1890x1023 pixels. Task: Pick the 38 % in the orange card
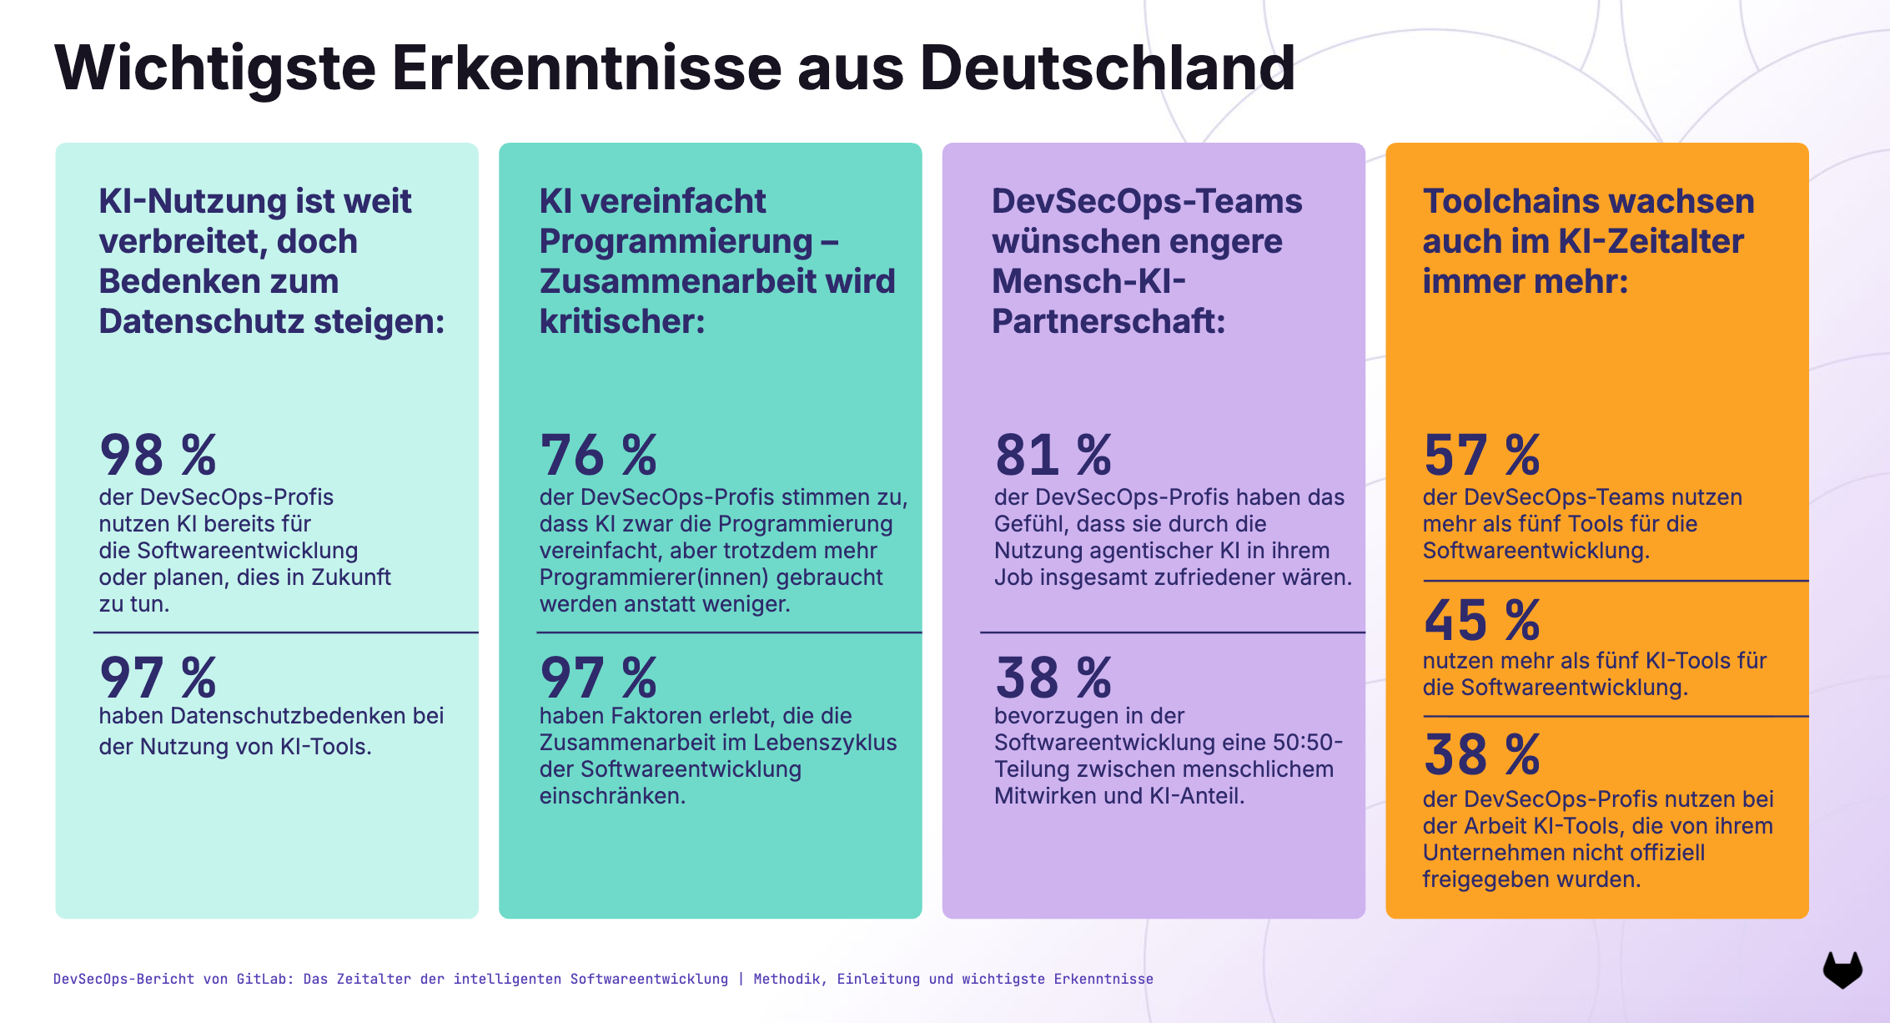(1481, 755)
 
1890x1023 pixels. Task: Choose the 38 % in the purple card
(1053, 678)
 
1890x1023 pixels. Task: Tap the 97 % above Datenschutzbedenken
(158, 678)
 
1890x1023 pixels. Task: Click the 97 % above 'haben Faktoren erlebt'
(598, 678)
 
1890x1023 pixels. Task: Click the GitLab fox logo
(1842, 970)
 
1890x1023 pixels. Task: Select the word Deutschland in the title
(1107, 68)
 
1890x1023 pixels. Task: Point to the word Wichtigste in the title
(215, 68)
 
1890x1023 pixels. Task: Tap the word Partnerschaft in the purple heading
(1108, 321)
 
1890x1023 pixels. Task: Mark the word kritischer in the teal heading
(621, 321)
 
